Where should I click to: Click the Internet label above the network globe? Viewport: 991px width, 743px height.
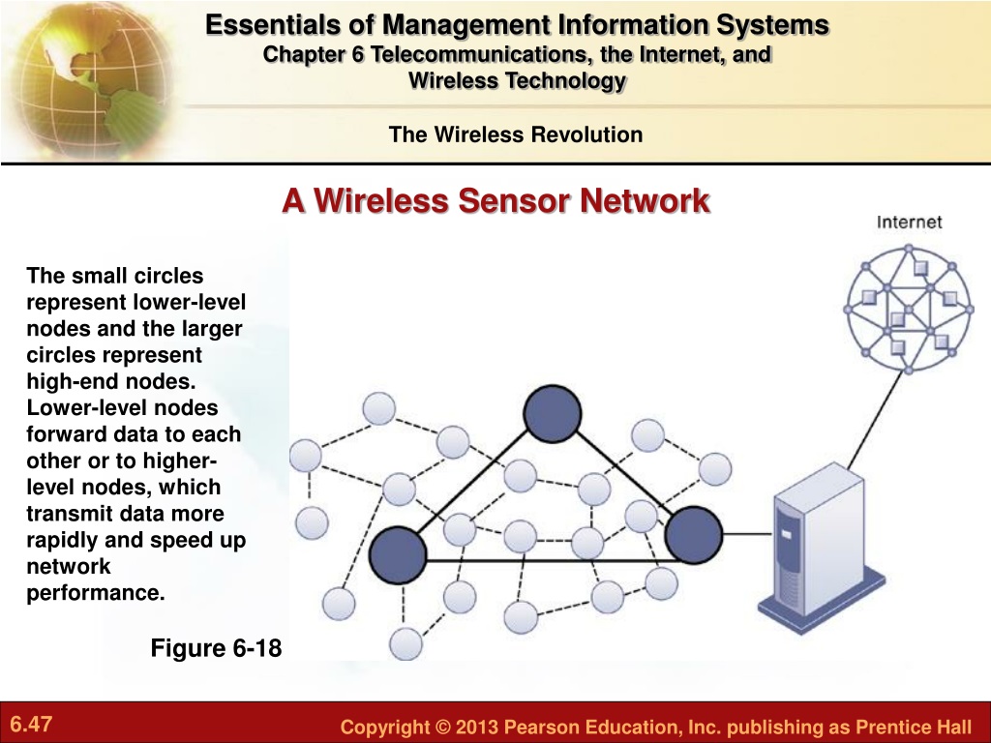tap(909, 223)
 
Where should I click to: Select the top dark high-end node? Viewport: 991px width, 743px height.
tap(553, 414)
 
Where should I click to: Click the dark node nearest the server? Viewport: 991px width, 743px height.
tap(693, 534)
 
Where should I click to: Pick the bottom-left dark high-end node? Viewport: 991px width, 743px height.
tap(398, 554)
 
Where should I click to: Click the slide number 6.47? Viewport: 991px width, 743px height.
tap(31, 724)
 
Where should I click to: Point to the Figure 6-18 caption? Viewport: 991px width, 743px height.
tap(216, 648)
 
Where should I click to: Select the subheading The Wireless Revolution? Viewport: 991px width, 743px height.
tap(516, 134)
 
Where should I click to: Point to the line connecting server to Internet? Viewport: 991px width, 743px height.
tap(875, 420)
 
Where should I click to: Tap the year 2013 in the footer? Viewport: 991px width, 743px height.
tap(477, 727)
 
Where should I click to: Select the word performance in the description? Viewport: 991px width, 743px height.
tap(96, 593)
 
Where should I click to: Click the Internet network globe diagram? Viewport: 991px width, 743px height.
tap(908, 310)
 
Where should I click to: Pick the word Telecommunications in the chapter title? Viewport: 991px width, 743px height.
tap(482, 54)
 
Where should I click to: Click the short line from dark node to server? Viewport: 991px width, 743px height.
tap(747, 534)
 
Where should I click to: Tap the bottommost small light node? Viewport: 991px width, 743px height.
tap(405, 643)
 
